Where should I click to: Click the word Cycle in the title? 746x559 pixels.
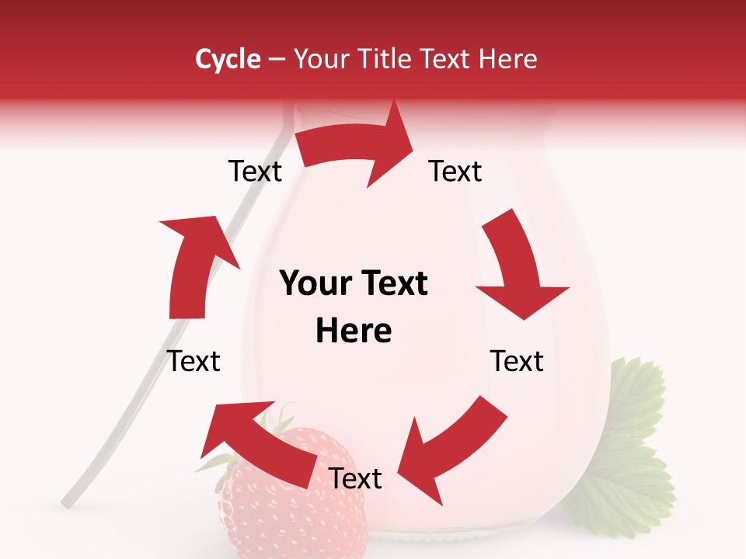(228, 60)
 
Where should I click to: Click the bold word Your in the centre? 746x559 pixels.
(314, 284)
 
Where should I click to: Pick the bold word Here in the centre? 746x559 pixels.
(354, 332)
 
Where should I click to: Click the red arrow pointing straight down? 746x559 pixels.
(518, 269)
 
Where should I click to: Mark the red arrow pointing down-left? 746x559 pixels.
(451, 443)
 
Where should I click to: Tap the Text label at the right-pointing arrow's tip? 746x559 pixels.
(455, 172)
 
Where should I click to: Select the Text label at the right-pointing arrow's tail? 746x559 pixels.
(255, 172)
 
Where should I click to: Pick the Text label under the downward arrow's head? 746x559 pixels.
(517, 361)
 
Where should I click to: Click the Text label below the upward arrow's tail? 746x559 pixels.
(193, 361)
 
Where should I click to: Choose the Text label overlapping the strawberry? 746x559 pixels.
(355, 479)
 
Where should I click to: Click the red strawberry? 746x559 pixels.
(288, 512)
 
